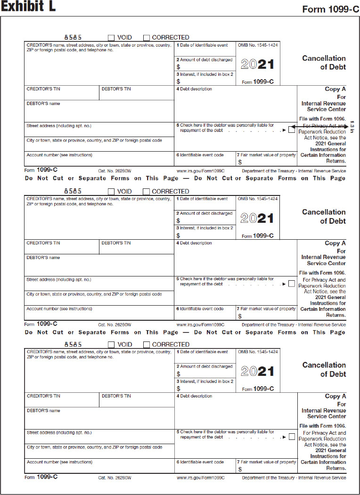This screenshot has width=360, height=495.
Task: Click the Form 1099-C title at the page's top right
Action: (x=331, y=9)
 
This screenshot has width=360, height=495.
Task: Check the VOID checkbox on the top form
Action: (x=111, y=38)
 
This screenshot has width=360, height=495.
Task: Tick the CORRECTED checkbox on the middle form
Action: (x=146, y=192)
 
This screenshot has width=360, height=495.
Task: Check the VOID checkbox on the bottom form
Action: (x=111, y=345)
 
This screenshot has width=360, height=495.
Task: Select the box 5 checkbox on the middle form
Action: (x=292, y=284)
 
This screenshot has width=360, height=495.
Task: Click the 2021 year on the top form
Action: (x=257, y=65)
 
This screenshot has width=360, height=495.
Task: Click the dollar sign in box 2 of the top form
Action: (x=179, y=67)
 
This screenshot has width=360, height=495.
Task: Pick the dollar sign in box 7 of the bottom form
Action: (x=240, y=469)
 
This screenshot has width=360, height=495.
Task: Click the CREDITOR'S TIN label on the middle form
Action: (x=43, y=243)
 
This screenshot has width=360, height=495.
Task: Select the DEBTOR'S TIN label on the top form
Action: (x=116, y=89)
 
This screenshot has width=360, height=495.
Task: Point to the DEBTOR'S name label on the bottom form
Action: (x=43, y=411)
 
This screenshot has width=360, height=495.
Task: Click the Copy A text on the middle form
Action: (x=335, y=243)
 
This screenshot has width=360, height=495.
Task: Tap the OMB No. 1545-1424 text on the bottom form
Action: (x=258, y=352)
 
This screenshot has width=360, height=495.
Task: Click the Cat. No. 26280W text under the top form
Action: (x=115, y=170)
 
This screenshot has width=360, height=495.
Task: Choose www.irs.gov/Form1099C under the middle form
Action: (x=200, y=325)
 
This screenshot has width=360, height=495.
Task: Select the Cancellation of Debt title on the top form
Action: (x=324, y=63)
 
